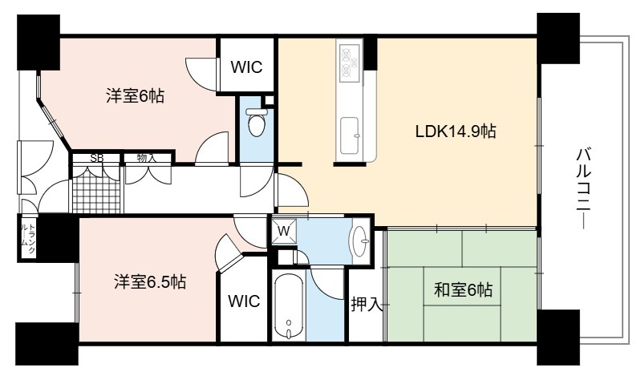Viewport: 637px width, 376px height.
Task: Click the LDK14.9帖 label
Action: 455,131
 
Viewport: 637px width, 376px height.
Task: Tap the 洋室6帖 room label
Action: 136,96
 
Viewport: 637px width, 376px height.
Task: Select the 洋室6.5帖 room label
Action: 150,281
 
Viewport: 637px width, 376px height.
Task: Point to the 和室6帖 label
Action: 463,290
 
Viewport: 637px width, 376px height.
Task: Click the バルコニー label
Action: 584,188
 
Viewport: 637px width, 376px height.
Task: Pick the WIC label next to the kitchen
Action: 246,67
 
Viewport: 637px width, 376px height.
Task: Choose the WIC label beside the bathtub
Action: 244,301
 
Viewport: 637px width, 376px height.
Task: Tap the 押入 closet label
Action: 367,304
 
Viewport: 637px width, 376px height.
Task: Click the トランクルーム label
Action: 27,240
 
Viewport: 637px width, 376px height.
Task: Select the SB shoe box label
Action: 97,158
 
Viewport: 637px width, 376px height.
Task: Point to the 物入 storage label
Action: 147,158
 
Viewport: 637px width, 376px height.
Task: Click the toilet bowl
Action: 257,121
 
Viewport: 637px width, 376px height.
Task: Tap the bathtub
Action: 289,305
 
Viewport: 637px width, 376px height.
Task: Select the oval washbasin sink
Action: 359,241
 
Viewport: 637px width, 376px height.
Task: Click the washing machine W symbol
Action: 284,232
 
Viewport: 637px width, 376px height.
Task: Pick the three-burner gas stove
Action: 350,62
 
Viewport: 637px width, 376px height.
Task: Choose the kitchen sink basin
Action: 350,135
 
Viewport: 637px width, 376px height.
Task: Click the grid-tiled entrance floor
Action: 97,190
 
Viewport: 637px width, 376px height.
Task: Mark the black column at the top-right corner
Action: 558,38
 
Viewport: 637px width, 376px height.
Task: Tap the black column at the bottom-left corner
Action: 47,343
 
